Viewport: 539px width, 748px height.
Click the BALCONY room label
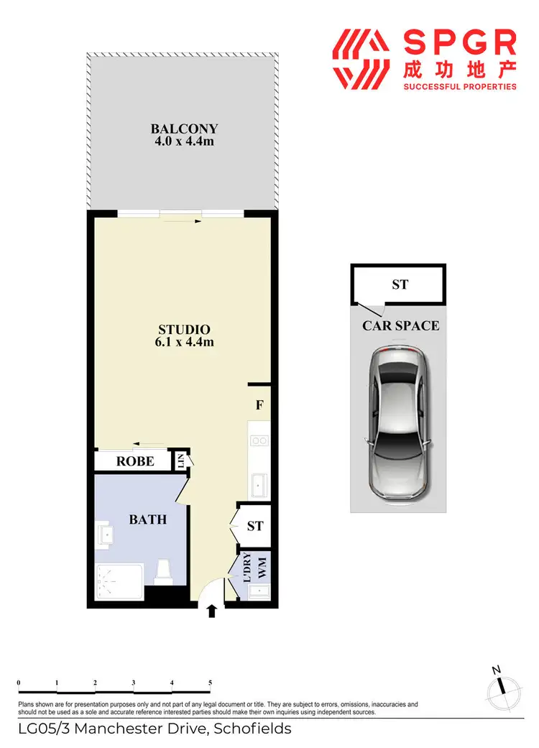[x=184, y=129]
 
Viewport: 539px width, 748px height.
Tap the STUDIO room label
[x=184, y=330]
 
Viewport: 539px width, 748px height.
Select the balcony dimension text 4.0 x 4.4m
[x=184, y=142]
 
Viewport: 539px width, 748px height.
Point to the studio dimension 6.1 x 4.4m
[x=184, y=342]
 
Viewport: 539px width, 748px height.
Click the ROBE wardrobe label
[x=135, y=461]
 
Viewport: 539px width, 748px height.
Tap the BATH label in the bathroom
[x=147, y=519]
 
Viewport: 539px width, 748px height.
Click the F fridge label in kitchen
[x=259, y=405]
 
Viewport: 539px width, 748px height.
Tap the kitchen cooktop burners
[x=259, y=440]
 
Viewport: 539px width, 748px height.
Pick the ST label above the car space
[x=400, y=285]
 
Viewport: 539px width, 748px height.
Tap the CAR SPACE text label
[x=400, y=325]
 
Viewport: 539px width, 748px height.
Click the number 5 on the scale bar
[x=210, y=683]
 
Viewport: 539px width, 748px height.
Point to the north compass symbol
[x=500, y=688]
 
